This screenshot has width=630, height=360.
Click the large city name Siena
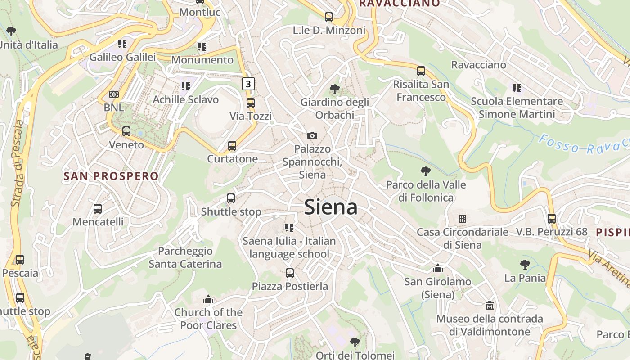(331, 207)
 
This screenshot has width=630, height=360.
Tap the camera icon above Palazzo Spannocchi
(312, 135)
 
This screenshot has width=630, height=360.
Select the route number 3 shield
(248, 83)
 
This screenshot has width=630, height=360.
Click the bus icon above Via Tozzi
(251, 103)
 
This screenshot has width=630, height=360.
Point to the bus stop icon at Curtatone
(232, 146)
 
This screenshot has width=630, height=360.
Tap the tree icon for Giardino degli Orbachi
(334, 89)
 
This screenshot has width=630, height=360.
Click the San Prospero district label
(111, 176)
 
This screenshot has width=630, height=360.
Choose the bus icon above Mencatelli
(98, 209)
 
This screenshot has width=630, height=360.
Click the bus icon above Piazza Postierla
(290, 273)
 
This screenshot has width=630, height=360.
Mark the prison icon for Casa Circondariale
(462, 219)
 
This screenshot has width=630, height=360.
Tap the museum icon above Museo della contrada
(490, 306)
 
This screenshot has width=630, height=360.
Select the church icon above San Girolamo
(437, 269)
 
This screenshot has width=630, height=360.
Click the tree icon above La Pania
(525, 265)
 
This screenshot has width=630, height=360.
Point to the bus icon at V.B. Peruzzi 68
(552, 219)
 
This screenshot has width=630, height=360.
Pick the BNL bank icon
(114, 94)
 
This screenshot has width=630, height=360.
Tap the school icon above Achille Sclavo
(186, 86)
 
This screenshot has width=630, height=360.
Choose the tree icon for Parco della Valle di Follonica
(425, 171)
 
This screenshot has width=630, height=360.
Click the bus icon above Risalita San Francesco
(421, 71)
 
